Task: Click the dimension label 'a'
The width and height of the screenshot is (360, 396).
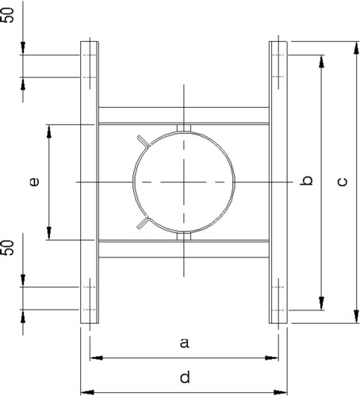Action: (x=185, y=343)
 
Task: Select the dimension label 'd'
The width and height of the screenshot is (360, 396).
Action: (x=185, y=377)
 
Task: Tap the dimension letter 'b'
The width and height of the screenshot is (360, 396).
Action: (x=307, y=181)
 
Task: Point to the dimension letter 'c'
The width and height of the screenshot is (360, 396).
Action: (x=343, y=182)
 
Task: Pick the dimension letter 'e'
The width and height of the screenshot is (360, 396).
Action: (x=34, y=181)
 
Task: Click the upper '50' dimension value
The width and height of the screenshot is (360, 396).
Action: (x=7, y=15)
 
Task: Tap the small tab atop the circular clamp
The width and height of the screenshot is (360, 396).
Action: (x=184, y=128)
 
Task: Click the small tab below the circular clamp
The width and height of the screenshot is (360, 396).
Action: (x=184, y=236)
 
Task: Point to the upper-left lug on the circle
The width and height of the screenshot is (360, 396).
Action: (x=144, y=141)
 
